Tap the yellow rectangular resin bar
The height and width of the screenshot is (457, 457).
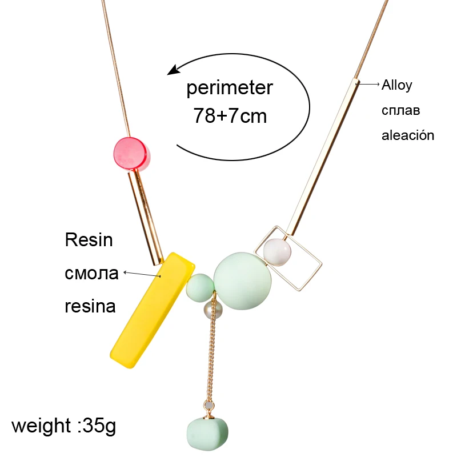tap(151, 308)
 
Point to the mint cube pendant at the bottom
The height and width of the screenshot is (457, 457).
tap(208, 434)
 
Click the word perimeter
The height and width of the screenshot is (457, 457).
tap(230, 89)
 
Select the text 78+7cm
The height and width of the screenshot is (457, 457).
tap(230, 116)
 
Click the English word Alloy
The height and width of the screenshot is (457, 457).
tap(397, 85)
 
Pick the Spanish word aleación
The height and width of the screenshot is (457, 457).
tap(408, 135)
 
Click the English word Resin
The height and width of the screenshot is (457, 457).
tap(89, 240)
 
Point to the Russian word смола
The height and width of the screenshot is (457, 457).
tap(91, 273)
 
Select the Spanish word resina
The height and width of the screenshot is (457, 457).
tap(90, 306)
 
